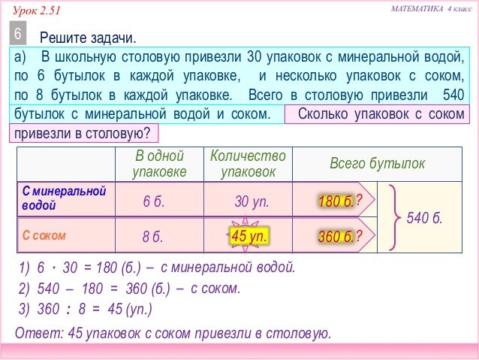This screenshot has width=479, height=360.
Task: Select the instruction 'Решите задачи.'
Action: (x=89, y=38)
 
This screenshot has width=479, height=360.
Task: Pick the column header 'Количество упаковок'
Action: (x=248, y=164)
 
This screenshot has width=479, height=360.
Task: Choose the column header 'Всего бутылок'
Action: (x=377, y=164)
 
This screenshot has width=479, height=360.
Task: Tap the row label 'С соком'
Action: (x=44, y=235)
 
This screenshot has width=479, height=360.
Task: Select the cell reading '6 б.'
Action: (x=158, y=201)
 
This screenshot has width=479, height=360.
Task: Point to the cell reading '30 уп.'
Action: (x=252, y=201)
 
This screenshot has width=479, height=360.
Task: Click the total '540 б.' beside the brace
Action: (x=424, y=219)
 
